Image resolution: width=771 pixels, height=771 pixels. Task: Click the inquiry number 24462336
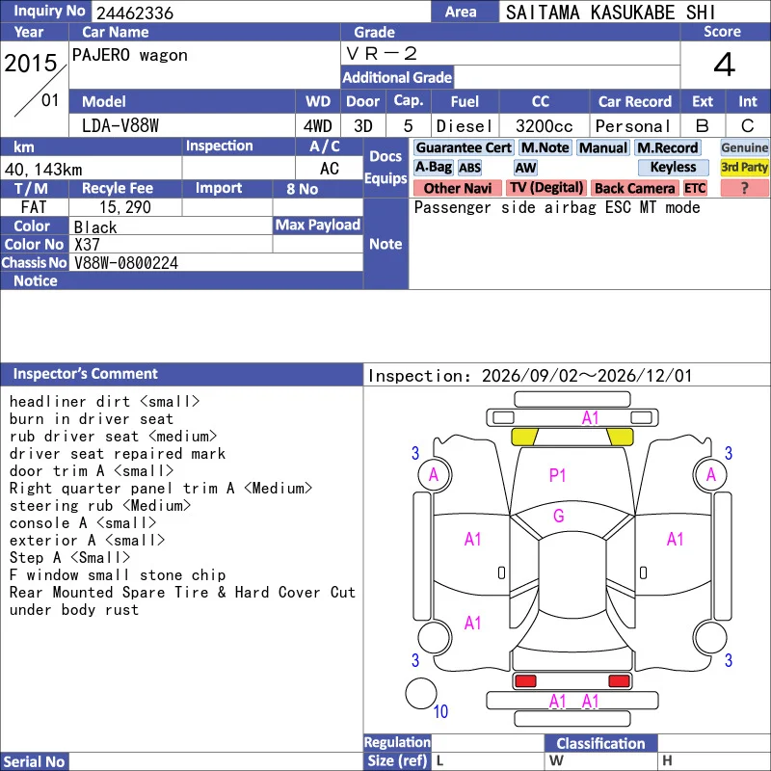135,13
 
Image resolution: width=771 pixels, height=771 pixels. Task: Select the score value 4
725,65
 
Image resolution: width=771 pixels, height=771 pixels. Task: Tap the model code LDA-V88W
120,126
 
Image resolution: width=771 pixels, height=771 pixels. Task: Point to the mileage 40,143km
43,170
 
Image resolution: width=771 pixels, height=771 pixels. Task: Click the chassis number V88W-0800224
126,263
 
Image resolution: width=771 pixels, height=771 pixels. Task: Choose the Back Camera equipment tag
634,188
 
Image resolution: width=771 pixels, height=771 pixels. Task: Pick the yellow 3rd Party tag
744,167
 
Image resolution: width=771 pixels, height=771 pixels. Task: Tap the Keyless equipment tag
673,167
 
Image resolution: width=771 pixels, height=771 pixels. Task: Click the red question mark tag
744,188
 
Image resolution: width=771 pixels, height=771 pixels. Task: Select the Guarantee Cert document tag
464,147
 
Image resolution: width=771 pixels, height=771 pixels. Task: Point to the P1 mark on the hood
557,475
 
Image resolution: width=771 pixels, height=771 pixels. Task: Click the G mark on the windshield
559,516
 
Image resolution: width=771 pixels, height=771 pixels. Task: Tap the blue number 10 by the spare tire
440,711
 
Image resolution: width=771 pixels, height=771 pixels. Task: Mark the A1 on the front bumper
590,418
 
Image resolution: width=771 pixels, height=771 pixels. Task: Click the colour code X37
87,245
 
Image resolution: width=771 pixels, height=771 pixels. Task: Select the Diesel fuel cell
465,126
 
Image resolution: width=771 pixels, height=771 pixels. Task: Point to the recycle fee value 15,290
125,207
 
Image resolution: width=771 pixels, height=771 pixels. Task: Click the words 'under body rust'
74,610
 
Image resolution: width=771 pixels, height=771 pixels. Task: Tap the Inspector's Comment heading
86,374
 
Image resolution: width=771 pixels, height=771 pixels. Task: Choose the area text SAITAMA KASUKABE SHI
610,13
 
